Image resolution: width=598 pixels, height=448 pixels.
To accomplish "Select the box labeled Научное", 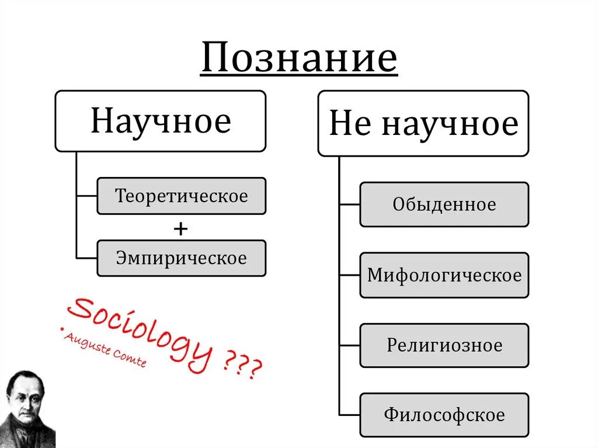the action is point(161,121).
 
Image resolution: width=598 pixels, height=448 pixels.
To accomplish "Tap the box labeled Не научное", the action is point(423,123).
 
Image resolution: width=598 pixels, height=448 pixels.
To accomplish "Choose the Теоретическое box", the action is point(181,196).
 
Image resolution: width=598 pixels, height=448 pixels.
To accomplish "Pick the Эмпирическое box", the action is point(181,258).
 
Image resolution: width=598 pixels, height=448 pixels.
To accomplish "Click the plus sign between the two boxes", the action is point(180,229).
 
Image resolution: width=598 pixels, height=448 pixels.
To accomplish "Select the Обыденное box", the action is point(444,204).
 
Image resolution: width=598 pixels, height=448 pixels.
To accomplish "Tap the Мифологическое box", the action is point(444,275).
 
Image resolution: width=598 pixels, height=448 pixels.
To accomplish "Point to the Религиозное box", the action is point(444,345).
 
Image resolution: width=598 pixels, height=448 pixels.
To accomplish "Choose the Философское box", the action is point(444,415).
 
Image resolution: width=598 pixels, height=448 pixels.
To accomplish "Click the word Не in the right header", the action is point(350,124).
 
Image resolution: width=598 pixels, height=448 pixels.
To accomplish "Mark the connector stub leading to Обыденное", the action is point(349,204).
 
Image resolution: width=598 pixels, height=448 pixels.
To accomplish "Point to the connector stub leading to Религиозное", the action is point(349,345).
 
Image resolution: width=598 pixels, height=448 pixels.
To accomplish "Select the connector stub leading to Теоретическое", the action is point(86,196).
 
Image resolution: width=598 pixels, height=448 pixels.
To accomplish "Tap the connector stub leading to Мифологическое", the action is point(349,275).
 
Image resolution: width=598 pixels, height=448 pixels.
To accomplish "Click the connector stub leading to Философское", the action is point(349,415).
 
